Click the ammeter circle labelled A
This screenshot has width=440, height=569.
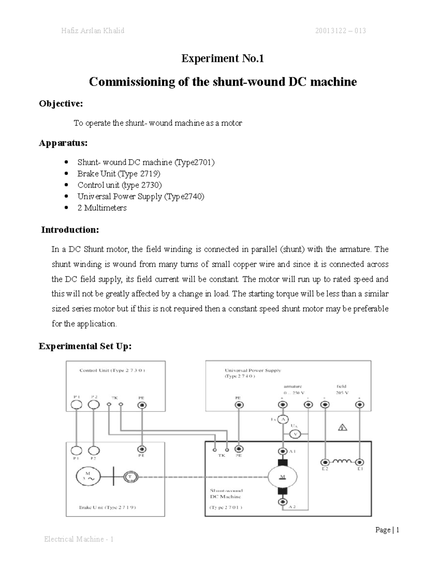pos(282,420)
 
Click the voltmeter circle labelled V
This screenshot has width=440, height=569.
pos(295,435)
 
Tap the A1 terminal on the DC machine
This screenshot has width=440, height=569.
pos(283,451)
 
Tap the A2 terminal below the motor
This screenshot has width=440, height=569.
pos(283,502)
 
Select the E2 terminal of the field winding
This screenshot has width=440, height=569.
pos(324,462)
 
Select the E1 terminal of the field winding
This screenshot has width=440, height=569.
pos(360,462)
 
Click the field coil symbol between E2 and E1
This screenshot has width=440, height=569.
pos(342,461)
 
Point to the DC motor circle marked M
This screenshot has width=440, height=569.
pos(282,477)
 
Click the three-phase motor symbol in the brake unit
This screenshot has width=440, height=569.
pos(88,476)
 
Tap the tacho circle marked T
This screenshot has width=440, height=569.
pos(130,477)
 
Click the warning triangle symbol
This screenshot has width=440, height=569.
pos(342,427)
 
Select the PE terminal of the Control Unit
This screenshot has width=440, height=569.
pos(142,405)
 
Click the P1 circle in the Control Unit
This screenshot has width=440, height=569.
pos(76,404)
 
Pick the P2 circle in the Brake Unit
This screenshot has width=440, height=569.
pos(94,450)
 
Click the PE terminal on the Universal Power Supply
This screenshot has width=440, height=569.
pos(239,405)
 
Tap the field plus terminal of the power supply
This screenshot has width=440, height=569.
pos(360,405)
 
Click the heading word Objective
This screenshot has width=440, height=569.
pos(61,104)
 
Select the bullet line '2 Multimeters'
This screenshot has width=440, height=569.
pos(102,208)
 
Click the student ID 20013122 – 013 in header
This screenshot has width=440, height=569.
pos(340,31)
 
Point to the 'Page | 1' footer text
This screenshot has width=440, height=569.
pos(387,530)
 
